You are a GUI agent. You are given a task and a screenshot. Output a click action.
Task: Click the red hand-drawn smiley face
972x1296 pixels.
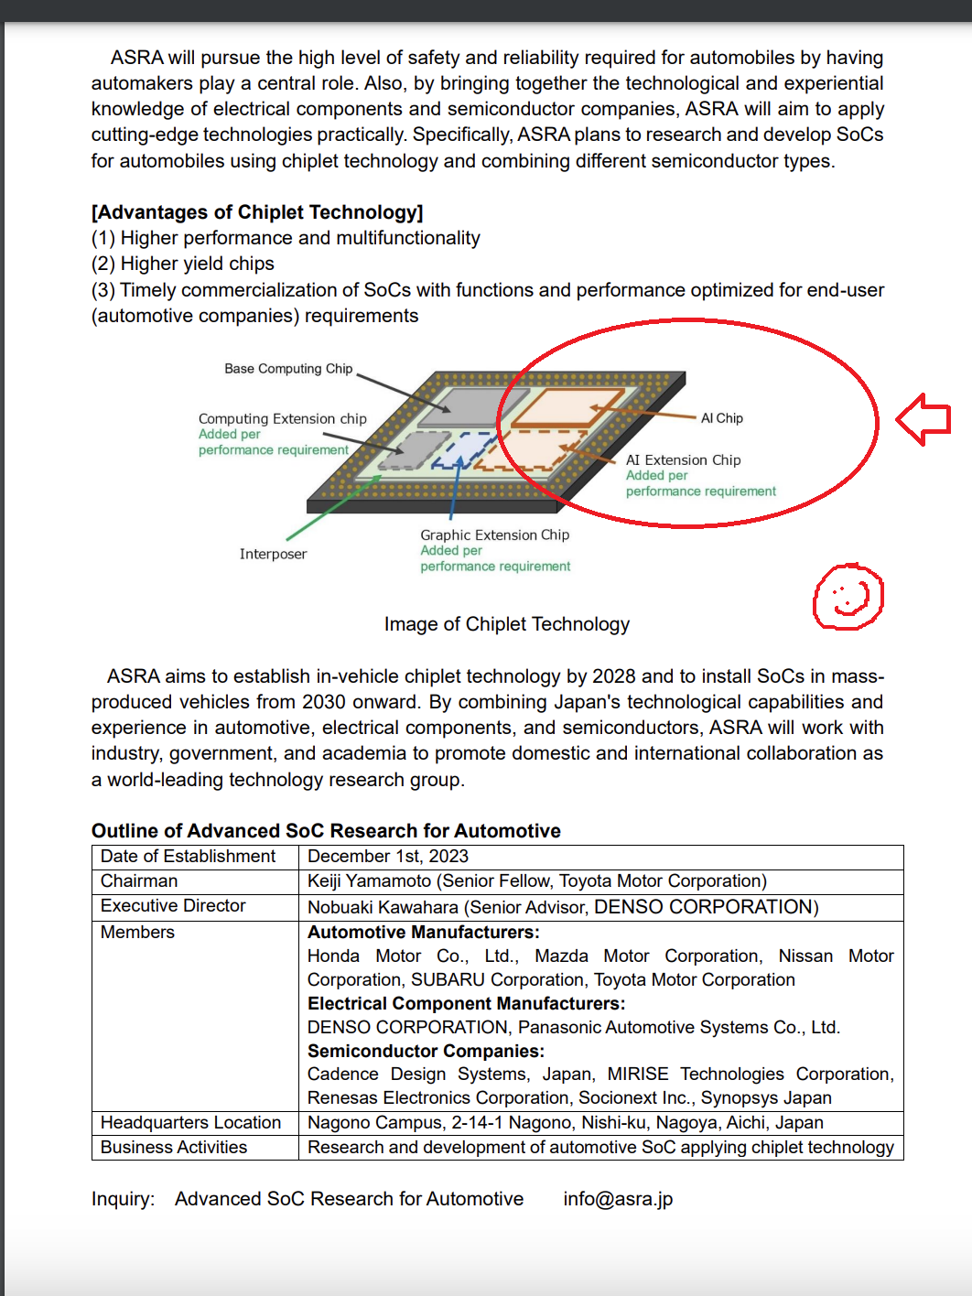pos(848,597)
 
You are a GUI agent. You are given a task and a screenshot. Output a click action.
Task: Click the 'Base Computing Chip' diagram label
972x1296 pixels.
pos(288,369)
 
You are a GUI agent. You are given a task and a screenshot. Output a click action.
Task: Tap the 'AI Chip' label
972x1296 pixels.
pos(722,418)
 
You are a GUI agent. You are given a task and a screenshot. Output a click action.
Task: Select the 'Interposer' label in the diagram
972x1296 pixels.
pos(273,554)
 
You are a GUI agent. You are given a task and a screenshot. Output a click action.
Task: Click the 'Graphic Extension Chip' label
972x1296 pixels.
pos(494,535)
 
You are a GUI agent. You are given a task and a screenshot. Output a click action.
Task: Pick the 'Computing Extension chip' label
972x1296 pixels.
pos(282,419)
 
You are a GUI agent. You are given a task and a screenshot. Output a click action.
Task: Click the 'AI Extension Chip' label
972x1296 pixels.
pos(683,460)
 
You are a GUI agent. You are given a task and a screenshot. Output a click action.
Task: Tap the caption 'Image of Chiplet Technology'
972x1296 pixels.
pos(506,624)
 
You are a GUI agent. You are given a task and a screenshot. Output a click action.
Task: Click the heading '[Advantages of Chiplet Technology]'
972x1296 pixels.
pos(257,212)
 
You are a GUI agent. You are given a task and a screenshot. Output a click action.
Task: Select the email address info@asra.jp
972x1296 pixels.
pos(618,1199)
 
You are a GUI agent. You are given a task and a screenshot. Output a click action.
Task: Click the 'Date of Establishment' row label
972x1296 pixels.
pos(188,857)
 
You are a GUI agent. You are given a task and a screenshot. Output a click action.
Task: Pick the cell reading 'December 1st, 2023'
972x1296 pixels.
pos(388,857)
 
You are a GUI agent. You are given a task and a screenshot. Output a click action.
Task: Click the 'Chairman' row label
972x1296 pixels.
pos(139,881)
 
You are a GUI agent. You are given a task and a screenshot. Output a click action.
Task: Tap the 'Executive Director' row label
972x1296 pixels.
pos(173,906)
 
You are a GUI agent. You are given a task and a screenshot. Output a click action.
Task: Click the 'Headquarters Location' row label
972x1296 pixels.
pos(190,1123)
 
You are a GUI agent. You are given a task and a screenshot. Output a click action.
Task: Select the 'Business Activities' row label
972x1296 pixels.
pos(174,1148)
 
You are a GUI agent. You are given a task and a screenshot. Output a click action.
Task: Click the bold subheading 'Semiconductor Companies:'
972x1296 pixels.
pos(426,1052)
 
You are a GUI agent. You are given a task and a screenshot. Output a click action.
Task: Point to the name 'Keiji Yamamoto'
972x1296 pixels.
pos(369,881)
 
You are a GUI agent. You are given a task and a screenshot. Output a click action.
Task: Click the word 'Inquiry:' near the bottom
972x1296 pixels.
pos(123,1199)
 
